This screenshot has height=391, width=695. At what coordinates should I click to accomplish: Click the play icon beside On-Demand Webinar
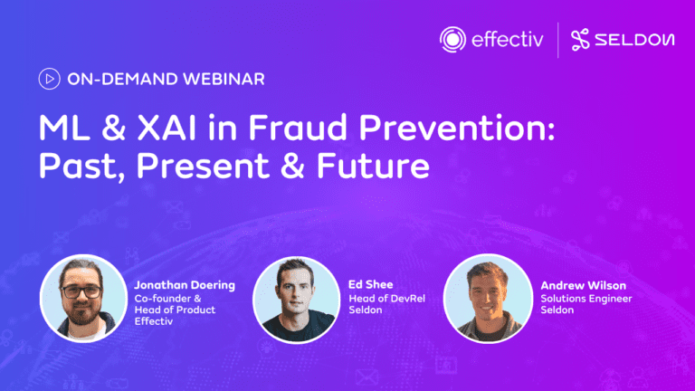pos(49,79)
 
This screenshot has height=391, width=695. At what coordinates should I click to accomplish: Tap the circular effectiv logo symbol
pos(452,40)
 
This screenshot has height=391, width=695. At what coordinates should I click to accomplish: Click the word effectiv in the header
pos(508,40)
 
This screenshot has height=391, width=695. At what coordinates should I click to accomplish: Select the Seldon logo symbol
pos(580,40)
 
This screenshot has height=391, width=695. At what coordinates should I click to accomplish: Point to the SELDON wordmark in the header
pos(634,40)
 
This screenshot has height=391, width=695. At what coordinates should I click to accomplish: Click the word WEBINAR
pos(224,79)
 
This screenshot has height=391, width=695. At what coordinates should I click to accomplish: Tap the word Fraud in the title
pos(298,128)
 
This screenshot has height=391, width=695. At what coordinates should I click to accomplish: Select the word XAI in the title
pos(167,129)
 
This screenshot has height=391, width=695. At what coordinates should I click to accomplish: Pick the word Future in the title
pos(373,166)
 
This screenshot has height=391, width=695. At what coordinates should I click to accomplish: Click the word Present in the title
pos(203,166)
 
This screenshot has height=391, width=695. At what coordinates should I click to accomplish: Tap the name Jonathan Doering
pos(185,285)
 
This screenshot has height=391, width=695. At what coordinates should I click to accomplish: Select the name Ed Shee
pos(370,284)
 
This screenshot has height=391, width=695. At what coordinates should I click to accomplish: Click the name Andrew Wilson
pos(584,285)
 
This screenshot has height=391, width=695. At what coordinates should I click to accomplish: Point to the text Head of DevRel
pos(387,299)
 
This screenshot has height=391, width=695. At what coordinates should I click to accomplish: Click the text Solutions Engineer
pos(586,299)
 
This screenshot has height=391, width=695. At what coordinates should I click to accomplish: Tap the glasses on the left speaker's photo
pos(81,291)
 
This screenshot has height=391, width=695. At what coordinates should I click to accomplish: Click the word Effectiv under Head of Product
pos(153,321)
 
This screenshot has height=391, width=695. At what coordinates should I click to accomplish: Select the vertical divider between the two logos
pos(557,40)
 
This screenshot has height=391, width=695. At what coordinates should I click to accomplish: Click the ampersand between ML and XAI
pos(113,129)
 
